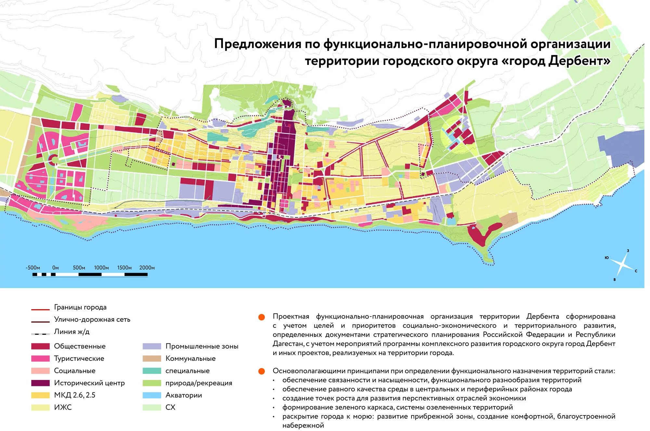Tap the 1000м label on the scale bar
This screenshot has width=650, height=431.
click(101, 268)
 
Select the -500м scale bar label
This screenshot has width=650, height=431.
click(33, 268)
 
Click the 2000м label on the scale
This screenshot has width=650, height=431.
click(147, 268)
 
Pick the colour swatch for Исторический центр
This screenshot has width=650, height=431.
click(40, 383)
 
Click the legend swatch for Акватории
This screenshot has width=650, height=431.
click(152, 395)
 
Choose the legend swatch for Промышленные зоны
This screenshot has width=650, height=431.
click(152, 346)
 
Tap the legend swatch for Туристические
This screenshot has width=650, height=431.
click(40, 359)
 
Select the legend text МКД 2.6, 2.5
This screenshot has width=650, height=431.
click(74, 395)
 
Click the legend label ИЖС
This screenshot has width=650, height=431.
click(63, 407)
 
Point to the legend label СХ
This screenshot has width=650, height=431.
click(170, 407)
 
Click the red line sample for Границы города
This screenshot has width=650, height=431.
click(40, 310)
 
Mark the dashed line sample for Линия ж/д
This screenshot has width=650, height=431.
click(40, 334)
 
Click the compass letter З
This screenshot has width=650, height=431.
click(628, 251)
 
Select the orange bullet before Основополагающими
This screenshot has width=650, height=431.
click(262, 371)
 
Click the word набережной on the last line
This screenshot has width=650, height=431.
click(303, 425)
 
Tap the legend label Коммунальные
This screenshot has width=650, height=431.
click(190, 359)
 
